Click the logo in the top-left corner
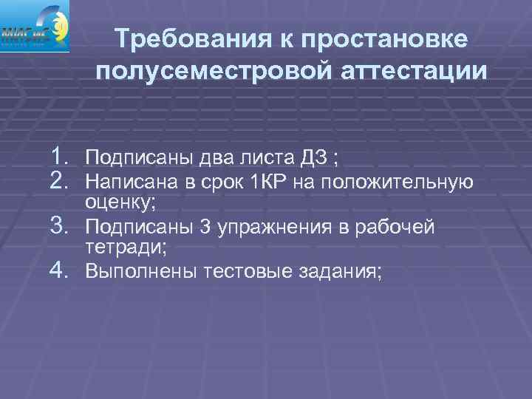pyautogui.click(x=35, y=26)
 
